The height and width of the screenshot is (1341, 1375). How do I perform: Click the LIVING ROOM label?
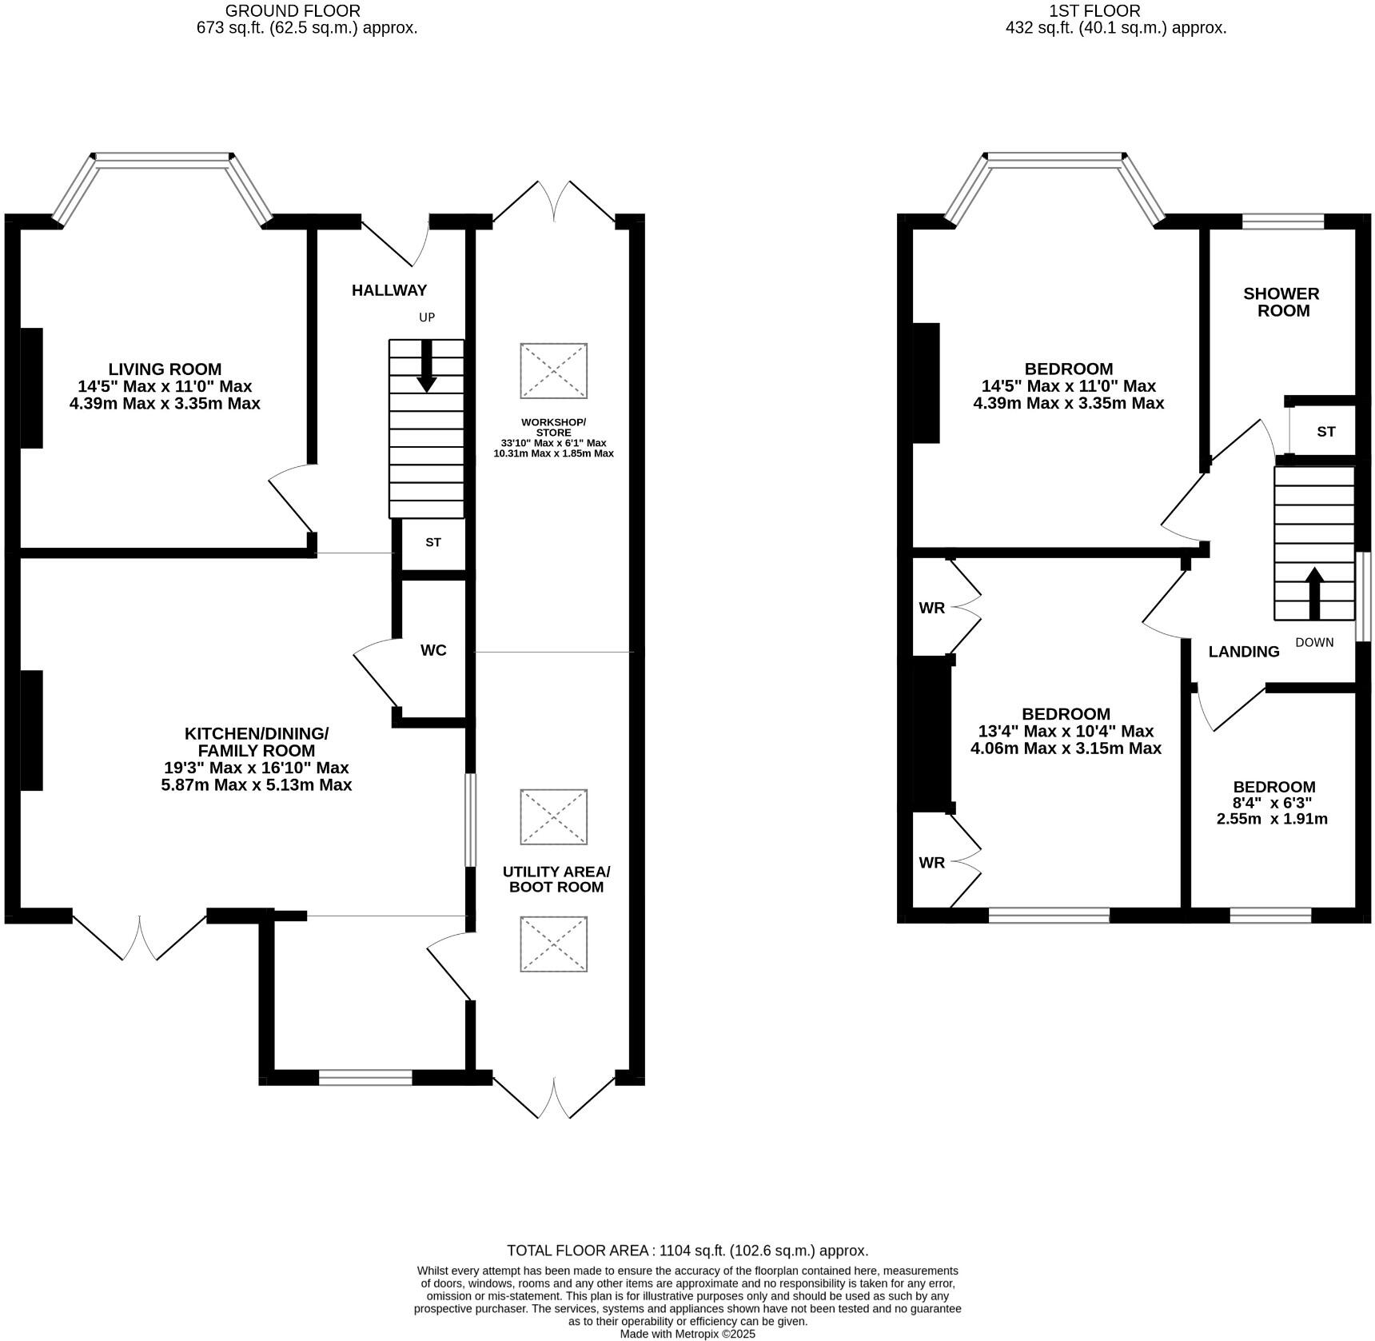(165, 369)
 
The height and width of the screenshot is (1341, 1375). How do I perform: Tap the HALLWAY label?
(389, 290)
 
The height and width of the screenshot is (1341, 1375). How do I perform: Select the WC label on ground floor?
(433, 650)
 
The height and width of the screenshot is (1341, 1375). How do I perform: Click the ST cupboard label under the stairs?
(432, 542)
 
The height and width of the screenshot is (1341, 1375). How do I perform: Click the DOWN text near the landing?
(1314, 642)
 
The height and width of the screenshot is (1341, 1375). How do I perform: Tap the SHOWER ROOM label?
(1281, 302)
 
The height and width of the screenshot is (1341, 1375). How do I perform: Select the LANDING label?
(1243, 652)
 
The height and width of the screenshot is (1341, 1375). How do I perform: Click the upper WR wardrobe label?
(931, 608)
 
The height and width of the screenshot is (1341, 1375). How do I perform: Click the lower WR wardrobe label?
(931, 862)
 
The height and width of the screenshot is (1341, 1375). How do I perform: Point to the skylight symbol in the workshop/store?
(554, 370)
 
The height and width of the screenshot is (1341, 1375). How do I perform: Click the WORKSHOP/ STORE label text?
(553, 427)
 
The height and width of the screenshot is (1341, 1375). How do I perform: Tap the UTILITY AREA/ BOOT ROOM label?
(556, 879)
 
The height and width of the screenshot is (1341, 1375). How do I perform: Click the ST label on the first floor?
(1325, 432)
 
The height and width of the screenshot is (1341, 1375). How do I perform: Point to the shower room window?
(1282, 222)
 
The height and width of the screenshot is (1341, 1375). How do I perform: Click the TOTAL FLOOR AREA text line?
(687, 1251)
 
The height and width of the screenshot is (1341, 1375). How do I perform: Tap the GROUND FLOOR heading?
(293, 11)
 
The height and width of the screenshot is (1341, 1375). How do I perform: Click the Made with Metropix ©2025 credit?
(687, 1334)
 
